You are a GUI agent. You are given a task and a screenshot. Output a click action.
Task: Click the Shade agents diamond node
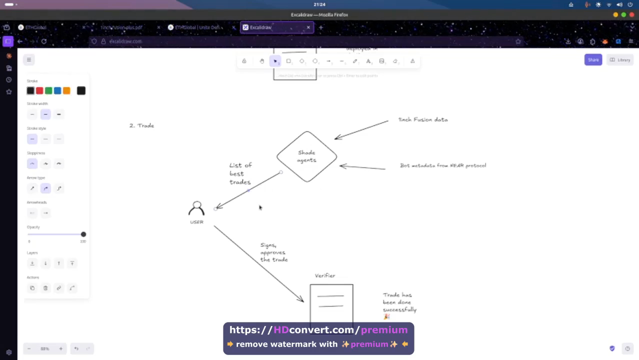[306, 156]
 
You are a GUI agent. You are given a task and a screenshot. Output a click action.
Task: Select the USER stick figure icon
[196, 208]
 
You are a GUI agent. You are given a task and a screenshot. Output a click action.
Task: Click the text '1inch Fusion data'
[422, 120]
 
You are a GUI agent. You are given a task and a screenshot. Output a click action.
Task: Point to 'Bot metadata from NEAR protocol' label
[442, 165]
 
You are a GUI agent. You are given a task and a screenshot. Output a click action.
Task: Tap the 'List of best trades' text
[240, 173]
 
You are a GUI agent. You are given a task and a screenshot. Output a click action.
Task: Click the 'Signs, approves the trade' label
[273, 252]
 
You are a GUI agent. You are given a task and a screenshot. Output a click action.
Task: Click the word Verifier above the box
[324, 275]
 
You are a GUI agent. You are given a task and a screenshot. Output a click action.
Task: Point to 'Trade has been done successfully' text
[399, 303]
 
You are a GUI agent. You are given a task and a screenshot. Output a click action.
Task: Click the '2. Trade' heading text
[141, 125]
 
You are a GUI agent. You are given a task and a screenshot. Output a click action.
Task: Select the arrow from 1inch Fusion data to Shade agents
[361, 129]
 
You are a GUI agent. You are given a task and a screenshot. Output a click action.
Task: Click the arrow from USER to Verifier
[258, 263]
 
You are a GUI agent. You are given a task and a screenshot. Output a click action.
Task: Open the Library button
[619, 60]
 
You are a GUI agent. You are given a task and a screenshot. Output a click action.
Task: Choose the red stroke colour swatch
[39, 90]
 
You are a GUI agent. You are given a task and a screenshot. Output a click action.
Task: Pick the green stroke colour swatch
[48, 90]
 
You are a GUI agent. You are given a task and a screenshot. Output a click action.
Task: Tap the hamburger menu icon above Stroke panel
[29, 60]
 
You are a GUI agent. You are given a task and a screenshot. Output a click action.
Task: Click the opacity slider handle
[83, 234]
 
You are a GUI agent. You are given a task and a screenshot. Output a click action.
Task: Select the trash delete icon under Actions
[45, 288]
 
